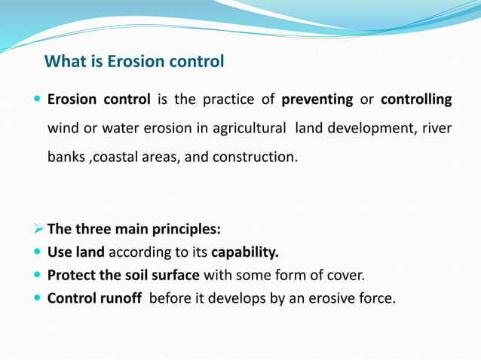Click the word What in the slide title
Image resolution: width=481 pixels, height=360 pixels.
click(x=63, y=61)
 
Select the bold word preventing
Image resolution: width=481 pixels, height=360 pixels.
click(x=317, y=100)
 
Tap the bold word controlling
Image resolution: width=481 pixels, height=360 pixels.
click(x=416, y=100)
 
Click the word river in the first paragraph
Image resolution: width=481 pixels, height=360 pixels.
click(x=437, y=130)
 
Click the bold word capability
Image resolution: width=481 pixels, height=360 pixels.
click(x=245, y=253)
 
